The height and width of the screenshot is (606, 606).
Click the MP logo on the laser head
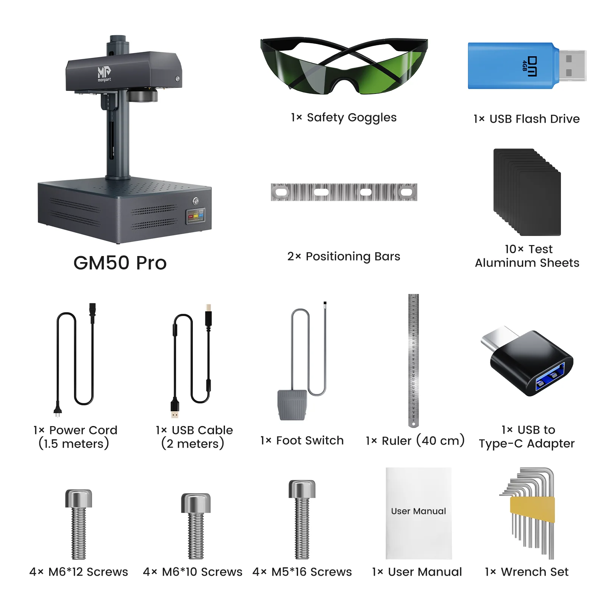pyautogui.click(x=104, y=73)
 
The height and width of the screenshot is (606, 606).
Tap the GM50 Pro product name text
pyautogui.click(x=120, y=263)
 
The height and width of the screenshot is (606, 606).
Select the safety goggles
pyautogui.click(x=344, y=66)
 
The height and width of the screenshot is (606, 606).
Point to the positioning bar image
pyautogui.click(x=344, y=192)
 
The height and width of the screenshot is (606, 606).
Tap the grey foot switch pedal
pyautogui.click(x=292, y=405)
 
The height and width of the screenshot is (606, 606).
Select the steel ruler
pyautogui.click(x=414, y=360)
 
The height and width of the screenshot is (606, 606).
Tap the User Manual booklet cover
pyautogui.click(x=419, y=513)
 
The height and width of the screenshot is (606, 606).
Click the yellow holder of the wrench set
pyautogui.click(x=532, y=509)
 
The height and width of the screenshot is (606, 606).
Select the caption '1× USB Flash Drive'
pyautogui.click(x=526, y=119)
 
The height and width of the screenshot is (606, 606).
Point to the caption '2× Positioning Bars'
pyautogui.click(x=344, y=256)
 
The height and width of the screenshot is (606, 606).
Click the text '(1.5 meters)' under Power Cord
pyautogui.click(x=74, y=444)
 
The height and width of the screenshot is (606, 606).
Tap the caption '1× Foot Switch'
pyautogui.click(x=302, y=440)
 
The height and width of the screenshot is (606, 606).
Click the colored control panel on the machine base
pyautogui.click(x=195, y=216)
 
